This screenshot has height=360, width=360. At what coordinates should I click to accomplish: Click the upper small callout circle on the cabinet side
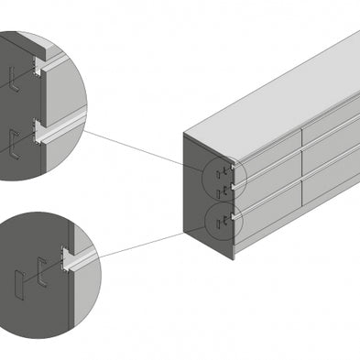(x=223, y=176)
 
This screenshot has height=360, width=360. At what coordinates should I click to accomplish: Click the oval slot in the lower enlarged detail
(x=20, y=286)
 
